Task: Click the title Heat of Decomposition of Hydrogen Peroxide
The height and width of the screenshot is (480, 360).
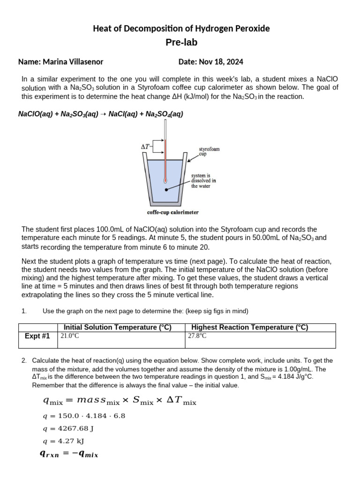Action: point(181,29)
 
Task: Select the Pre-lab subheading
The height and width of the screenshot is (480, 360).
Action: point(181,43)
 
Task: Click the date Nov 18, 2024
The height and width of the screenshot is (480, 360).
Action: point(211,62)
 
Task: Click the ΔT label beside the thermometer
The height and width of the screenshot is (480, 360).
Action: point(146,147)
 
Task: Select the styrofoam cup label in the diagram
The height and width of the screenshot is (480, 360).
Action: point(209,151)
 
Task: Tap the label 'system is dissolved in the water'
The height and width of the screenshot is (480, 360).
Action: point(203,180)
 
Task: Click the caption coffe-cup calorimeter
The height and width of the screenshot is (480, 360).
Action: point(173,212)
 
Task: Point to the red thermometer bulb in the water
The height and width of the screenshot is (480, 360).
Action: point(165,179)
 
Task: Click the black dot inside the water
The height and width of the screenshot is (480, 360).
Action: point(167,190)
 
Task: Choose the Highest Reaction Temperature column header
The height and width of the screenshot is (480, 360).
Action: point(250,328)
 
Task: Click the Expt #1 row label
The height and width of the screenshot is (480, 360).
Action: point(37,336)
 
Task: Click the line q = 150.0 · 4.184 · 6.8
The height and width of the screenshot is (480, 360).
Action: point(84,416)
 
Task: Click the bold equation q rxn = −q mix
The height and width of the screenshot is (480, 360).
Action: point(70,454)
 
